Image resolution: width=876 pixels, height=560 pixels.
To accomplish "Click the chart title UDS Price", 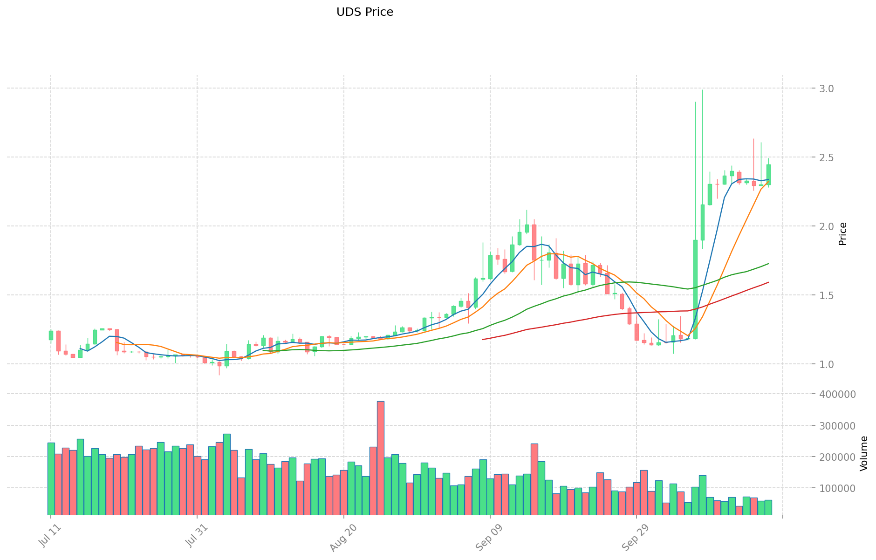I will pyautogui.click(x=364, y=12).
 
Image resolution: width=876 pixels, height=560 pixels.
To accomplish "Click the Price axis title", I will pyautogui.click(x=842, y=234).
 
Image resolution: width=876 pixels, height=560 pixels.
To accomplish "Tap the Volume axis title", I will pyautogui.click(x=864, y=453).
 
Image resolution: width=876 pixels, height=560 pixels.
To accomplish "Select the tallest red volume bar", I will pyautogui.click(x=380, y=458).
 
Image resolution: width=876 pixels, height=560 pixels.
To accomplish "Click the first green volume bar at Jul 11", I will pyautogui.click(x=51, y=478).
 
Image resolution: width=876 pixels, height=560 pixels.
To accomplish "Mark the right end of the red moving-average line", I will pyautogui.click(x=768, y=282).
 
